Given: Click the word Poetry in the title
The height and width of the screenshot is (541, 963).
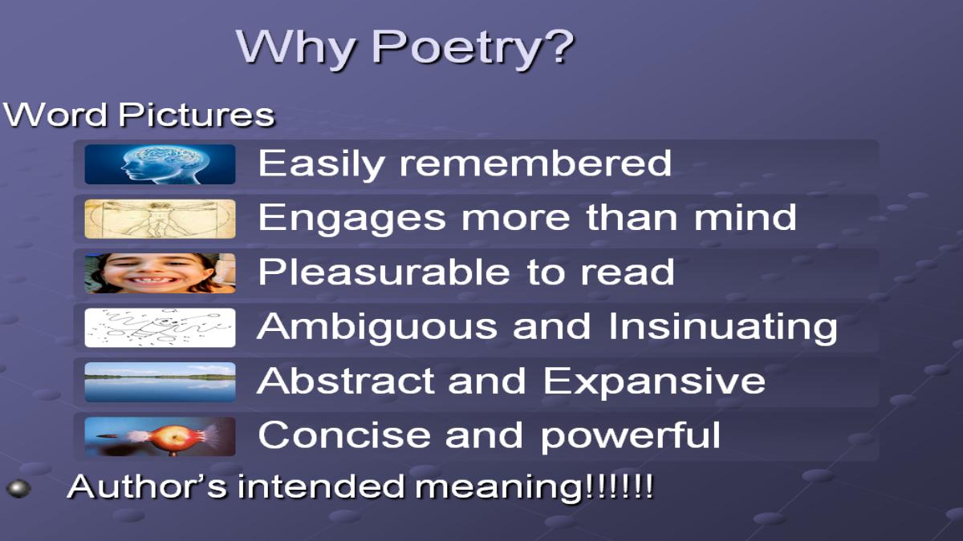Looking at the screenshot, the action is click(x=473, y=47).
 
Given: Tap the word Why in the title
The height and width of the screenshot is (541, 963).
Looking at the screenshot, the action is click(x=296, y=47).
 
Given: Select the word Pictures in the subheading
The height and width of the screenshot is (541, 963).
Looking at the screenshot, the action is click(x=197, y=115).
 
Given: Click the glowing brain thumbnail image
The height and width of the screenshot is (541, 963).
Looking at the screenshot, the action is click(x=160, y=164).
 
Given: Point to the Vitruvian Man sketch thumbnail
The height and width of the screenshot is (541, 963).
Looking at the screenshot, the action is click(x=160, y=219).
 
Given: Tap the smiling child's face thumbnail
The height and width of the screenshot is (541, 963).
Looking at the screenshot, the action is click(x=160, y=273).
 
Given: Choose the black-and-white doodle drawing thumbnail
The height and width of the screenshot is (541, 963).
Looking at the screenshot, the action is click(x=160, y=328).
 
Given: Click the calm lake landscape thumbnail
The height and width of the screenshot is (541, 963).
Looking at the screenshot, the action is click(x=160, y=382).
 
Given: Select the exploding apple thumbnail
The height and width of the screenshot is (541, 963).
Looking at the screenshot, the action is click(x=160, y=437).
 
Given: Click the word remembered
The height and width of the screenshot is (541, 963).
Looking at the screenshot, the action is click(x=536, y=163).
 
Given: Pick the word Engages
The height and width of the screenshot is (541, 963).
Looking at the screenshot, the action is click(x=352, y=219).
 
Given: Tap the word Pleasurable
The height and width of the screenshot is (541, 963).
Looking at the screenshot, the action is click(x=384, y=272).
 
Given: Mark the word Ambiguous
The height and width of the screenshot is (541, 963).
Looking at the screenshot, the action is click(x=377, y=327).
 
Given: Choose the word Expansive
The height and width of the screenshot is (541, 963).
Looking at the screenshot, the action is click(x=654, y=382).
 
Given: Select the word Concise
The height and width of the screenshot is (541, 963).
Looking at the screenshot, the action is click(x=344, y=435).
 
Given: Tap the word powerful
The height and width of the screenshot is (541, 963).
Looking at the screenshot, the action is click(x=630, y=436).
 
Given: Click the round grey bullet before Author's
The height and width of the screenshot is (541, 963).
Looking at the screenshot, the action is click(x=18, y=489).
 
